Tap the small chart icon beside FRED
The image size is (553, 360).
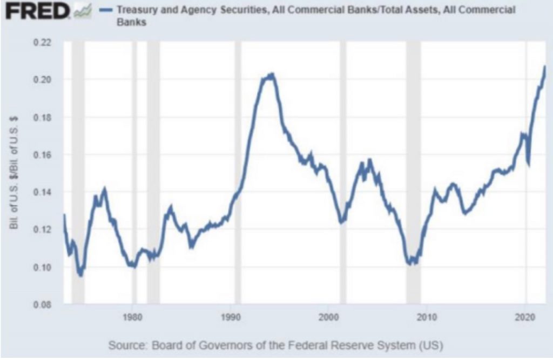(x=84, y=11)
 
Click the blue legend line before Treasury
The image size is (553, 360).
(x=106, y=10)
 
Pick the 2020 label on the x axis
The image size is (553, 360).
(x=525, y=315)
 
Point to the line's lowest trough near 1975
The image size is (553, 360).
(x=80, y=275)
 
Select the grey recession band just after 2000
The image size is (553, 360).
(x=343, y=173)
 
